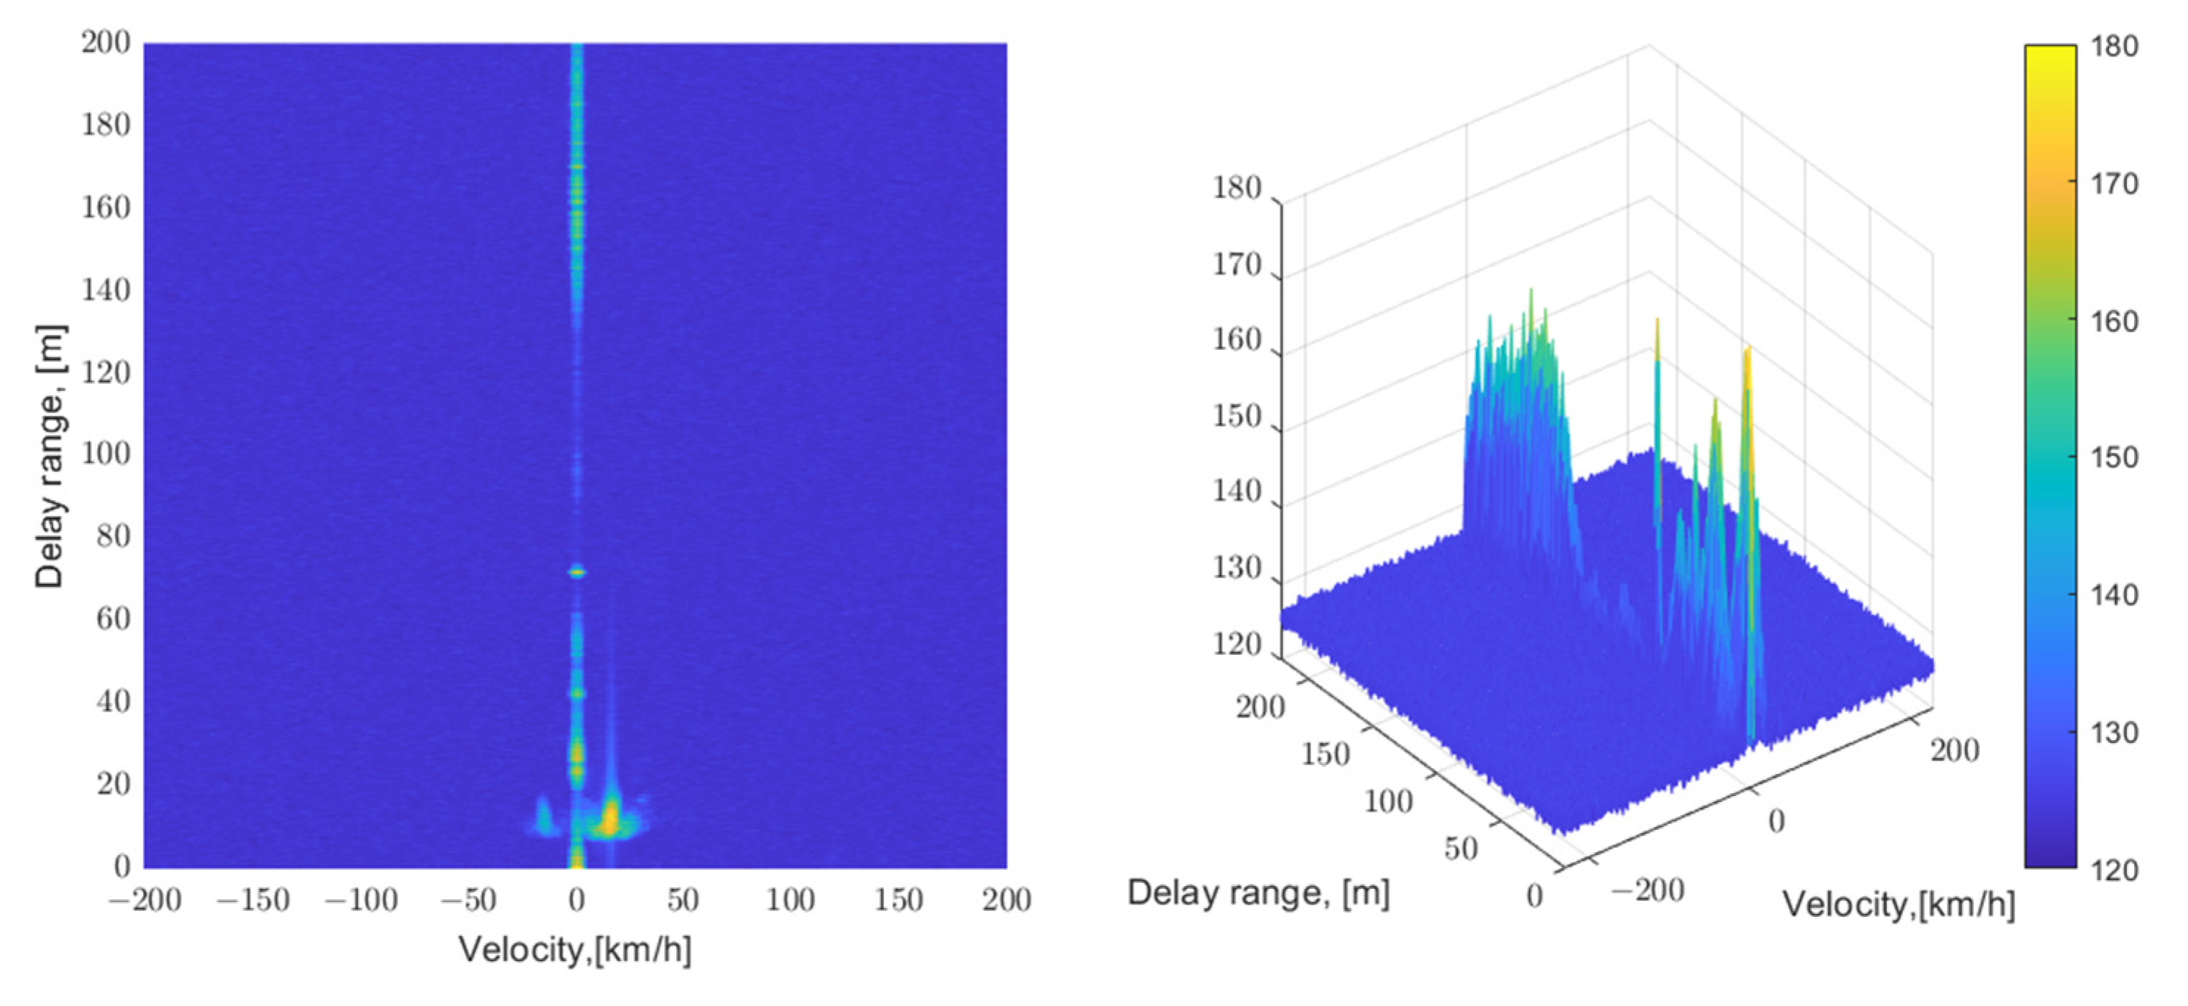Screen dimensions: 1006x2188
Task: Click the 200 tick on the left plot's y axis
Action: point(105,43)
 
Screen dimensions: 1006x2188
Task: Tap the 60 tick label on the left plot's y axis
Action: point(112,619)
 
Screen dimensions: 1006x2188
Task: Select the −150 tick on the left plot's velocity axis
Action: point(253,900)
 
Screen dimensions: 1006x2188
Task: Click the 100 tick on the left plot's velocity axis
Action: point(790,900)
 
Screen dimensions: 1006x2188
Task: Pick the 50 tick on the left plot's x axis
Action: point(683,900)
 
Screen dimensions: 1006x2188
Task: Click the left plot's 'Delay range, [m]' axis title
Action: point(49,457)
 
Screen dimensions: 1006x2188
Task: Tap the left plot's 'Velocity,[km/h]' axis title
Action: point(575,949)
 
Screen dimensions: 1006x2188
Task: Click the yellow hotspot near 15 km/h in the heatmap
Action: point(610,818)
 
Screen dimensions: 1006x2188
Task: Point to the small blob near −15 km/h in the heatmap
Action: point(542,816)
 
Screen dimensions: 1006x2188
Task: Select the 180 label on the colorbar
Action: point(2114,46)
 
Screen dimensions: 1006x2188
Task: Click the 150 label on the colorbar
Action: point(2114,458)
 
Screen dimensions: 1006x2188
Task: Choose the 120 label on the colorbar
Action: point(2114,869)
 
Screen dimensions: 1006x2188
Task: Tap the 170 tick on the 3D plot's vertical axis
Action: point(1237,266)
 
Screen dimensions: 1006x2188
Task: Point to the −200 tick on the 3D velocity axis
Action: point(1647,890)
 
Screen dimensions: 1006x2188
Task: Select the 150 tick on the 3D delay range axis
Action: point(1325,753)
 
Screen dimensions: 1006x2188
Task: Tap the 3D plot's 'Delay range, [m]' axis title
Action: point(1258,892)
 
